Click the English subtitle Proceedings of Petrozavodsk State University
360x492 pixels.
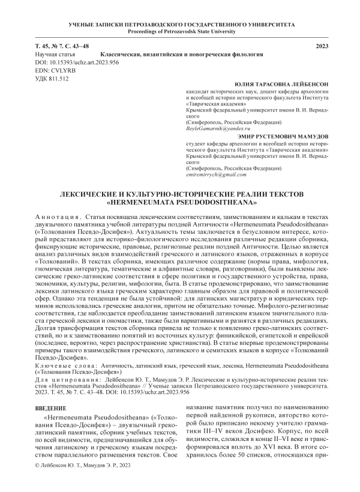point(179,32)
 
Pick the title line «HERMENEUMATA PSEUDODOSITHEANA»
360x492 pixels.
point(180,203)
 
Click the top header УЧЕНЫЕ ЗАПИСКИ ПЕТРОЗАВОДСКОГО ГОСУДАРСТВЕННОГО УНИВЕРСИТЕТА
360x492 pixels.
point(179,25)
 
